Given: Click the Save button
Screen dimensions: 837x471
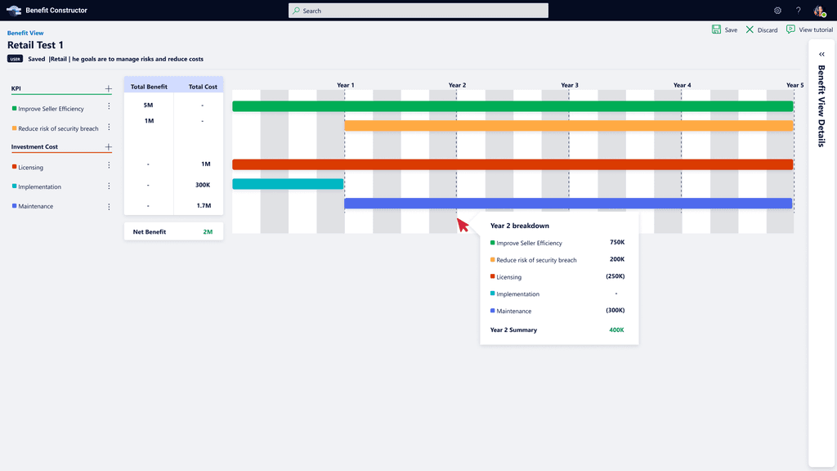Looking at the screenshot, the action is [x=724, y=30].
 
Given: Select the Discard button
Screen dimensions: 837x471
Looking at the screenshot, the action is [x=762, y=30].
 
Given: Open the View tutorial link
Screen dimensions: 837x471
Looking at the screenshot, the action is [x=809, y=30].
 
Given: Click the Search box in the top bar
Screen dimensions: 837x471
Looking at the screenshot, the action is [x=418, y=11].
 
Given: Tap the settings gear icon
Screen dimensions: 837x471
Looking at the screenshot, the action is [x=778, y=11].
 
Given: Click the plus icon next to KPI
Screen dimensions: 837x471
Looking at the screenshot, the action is [x=109, y=88].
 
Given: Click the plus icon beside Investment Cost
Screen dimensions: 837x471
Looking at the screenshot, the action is [x=109, y=147].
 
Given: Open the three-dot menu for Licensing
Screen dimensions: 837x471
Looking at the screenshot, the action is [x=109, y=165].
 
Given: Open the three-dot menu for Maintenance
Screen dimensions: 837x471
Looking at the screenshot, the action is [x=109, y=207].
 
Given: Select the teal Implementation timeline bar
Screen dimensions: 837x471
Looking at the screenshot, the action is [x=288, y=184].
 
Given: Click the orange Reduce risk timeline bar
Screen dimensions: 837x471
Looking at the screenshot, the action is [x=569, y=126].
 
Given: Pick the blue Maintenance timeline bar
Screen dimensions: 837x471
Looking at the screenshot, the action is [x=568, y=204].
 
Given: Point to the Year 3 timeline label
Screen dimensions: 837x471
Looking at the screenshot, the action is [x=570, y=85].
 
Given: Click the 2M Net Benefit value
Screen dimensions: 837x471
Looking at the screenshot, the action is [x=208, y=231].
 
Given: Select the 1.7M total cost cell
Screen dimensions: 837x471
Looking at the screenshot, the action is [x=204, y=205].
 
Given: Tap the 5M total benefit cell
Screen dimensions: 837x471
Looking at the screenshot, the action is [x=149, y=105].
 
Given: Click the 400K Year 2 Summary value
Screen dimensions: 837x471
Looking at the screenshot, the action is [x=616, y=330].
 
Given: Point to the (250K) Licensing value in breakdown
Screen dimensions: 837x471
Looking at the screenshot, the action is [x=615, y=276].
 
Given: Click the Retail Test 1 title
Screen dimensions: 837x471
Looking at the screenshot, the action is [x=35, y=46].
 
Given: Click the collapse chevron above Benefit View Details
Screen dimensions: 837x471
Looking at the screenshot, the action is [x=821, y=54].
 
